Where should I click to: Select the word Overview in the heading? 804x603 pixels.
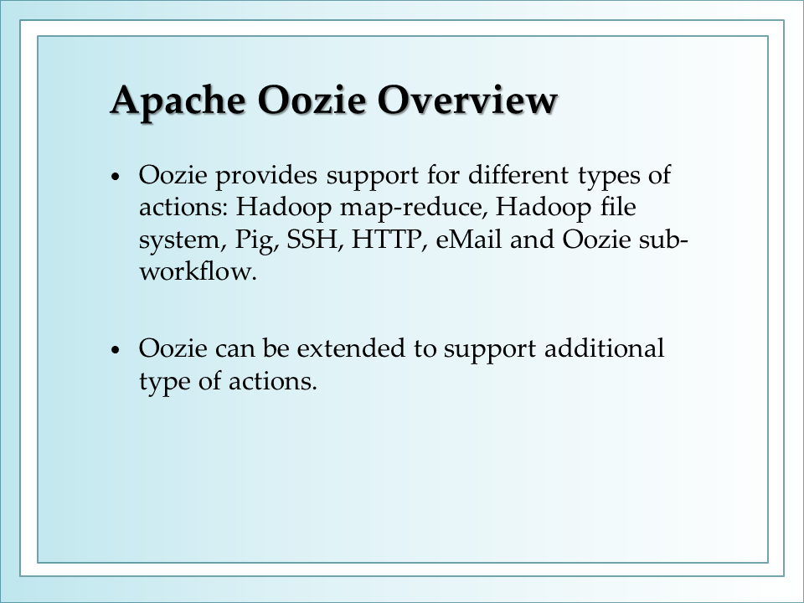pos(467,100)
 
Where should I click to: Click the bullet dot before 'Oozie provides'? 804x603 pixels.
pos(116,177)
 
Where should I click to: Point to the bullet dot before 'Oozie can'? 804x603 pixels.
pos(116,350)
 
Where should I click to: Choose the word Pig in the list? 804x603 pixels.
pos(256,240)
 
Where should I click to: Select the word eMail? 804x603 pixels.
pos(469,239)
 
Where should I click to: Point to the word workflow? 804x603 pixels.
pos(198,271)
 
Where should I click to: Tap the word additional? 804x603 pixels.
pos(604,348)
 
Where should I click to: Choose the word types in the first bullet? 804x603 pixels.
pos(609,177)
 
